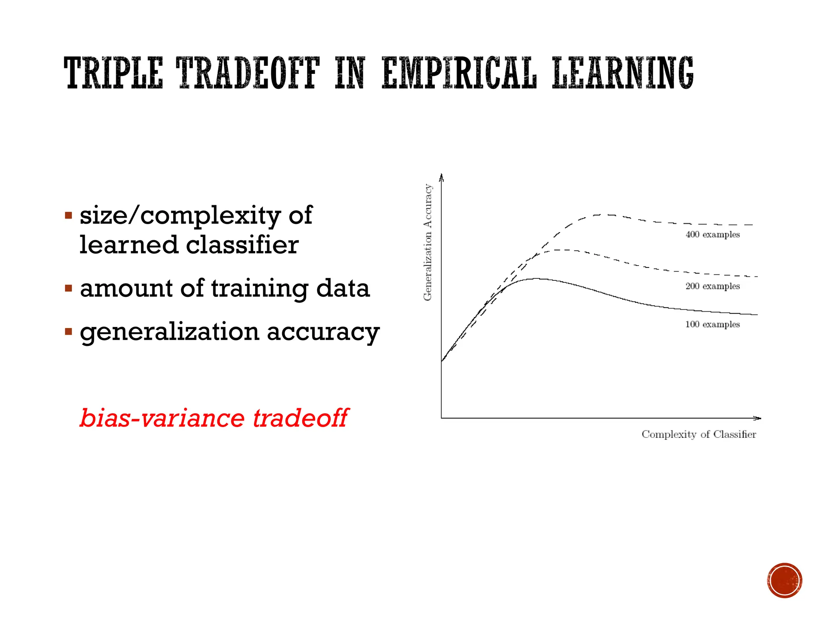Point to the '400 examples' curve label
tap(712, 235)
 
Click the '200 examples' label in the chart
tap(712, 286)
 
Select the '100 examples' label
tap(712, 325)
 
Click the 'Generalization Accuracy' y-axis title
tap(428, 242)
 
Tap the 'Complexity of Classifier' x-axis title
tap(699, 434)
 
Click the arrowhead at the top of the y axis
tap(441, 177)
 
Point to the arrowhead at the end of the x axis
tap(757, 418)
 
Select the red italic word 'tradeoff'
tap(300, 418)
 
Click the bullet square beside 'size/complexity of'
tap(69, 216)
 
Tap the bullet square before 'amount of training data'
tap(69, 288)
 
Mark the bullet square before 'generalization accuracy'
tap(69, 332)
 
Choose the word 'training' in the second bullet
tap(260, 289)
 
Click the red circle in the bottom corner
tap(784, 580)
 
